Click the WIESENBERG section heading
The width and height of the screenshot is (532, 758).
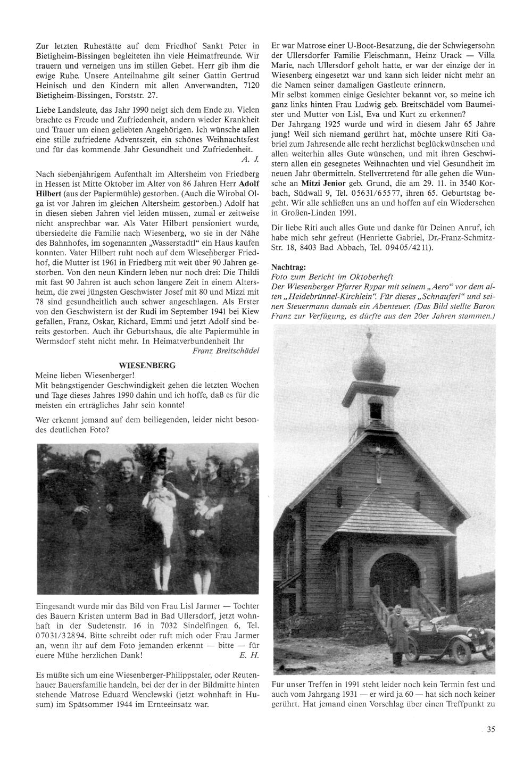click(147, 365)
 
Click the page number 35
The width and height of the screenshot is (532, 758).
click(491, 729)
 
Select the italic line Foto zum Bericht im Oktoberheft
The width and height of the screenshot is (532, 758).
click(332, 277)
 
